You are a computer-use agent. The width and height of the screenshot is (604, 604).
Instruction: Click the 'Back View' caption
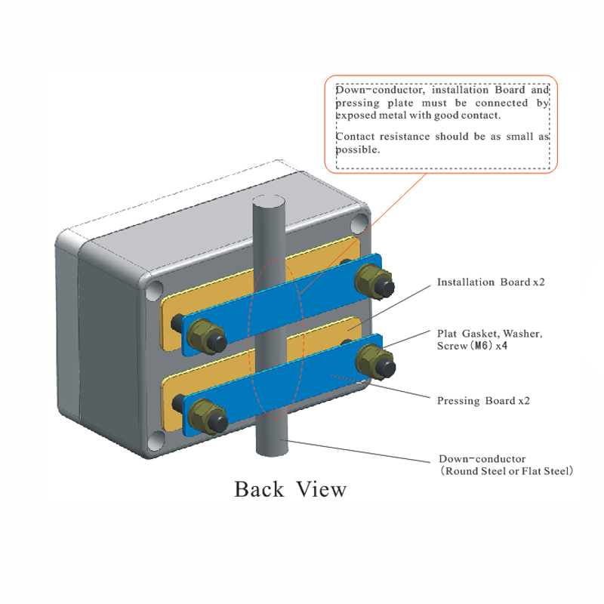click(291, 488)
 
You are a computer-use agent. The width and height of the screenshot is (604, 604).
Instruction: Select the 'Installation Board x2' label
click(491, 282)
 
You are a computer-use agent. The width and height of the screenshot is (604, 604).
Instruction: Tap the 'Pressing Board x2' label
click(483, 400)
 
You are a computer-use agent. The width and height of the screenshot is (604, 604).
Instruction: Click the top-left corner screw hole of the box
click(156, 290)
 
